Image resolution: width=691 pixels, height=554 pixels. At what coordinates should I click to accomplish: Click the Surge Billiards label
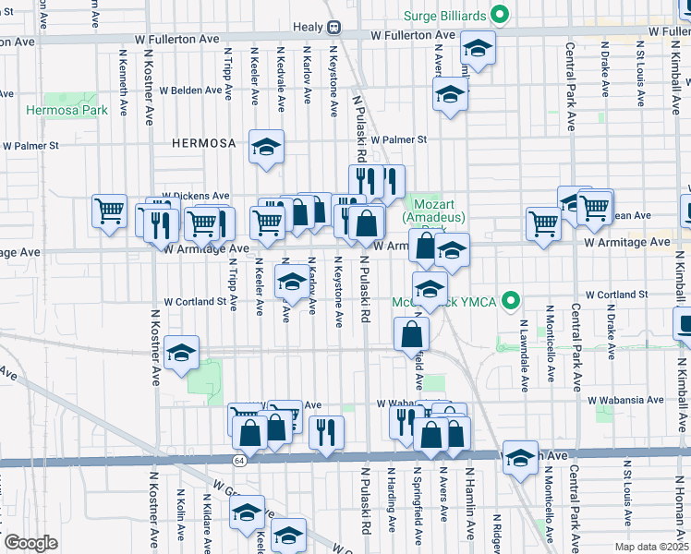click(x=448, y=15)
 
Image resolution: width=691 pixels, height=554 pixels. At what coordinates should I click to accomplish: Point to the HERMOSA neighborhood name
click(x=204, y=143)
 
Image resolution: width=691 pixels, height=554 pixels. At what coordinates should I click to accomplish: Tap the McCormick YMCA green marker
click(x=518, y=302)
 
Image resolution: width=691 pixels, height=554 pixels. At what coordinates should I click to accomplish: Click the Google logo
click(x=30, y=542)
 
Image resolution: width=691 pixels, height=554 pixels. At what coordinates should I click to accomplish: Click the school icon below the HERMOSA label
click(x=266, y=147)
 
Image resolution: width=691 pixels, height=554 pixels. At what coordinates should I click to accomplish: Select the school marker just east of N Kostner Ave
click(x=181, y=353)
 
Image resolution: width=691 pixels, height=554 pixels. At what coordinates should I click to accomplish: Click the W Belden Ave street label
click(x=196, y=91)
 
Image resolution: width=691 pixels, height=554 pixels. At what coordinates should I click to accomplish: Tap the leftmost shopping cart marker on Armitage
click(x=109, y=210)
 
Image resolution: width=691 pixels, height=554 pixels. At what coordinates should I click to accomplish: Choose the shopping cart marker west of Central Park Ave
click(x=543, y=222)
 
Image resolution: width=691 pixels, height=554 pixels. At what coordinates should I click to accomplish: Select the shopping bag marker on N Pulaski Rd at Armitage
click(x=367, y=223)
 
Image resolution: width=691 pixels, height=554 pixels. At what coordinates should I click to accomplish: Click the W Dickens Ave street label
click(x=195, y=197)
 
